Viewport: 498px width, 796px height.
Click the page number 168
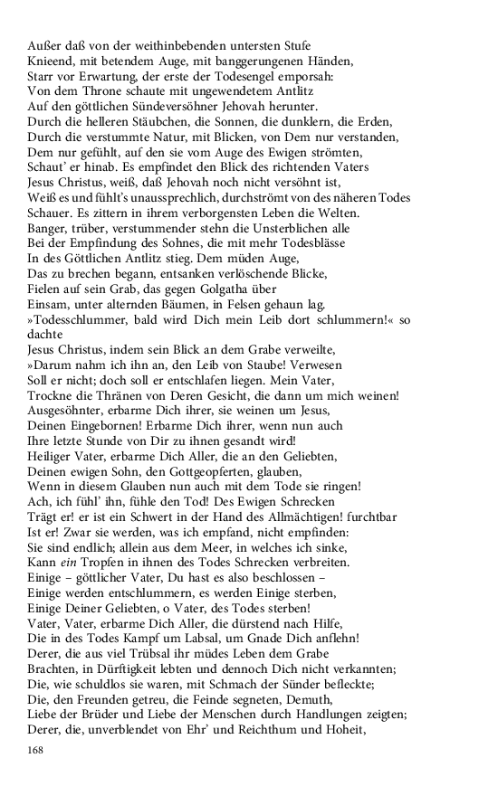point(36,751)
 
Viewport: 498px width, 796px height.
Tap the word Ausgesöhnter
point(68,411)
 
